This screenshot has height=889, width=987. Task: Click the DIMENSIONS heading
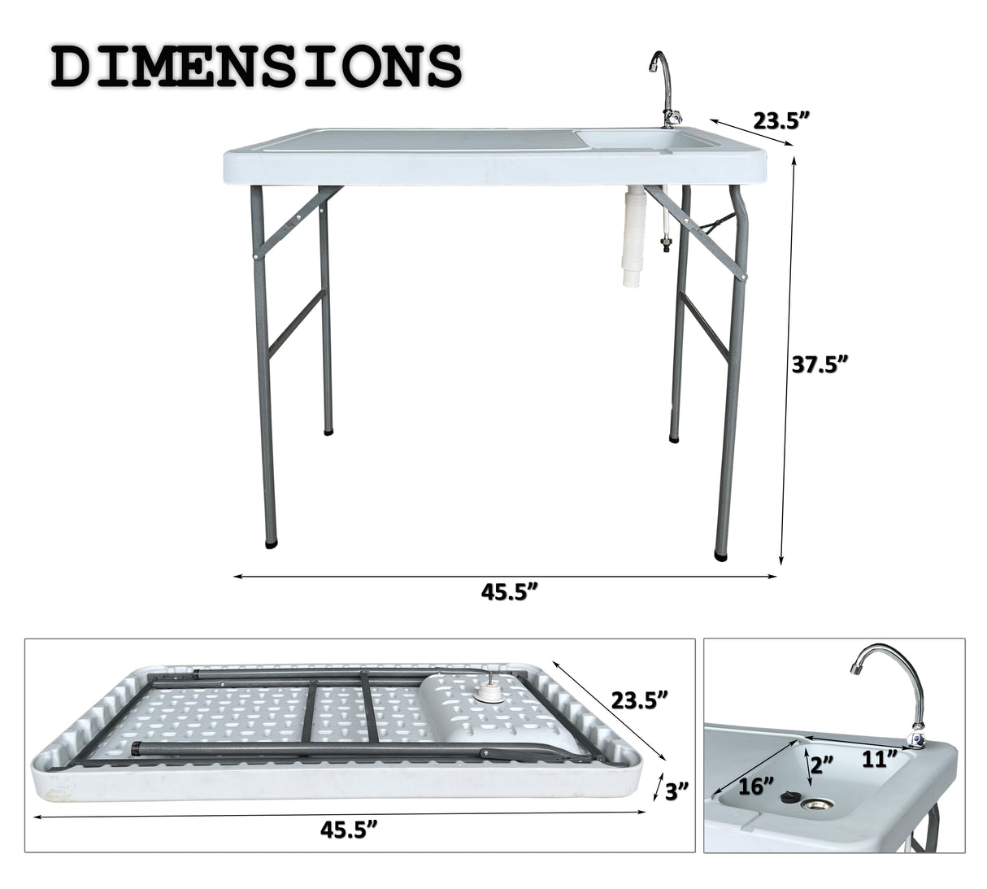click(x=256, y=66)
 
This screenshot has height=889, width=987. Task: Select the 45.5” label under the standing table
click(x=510, y=593)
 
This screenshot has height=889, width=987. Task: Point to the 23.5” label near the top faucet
click(x=780, y=121)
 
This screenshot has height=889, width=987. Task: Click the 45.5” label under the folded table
click(x=350, y=830)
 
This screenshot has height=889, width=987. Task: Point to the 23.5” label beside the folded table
click(x=639, y=699)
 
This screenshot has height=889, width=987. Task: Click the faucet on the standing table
click(x=663, y=94)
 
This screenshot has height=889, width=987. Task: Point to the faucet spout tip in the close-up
click(x=856, y=670)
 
